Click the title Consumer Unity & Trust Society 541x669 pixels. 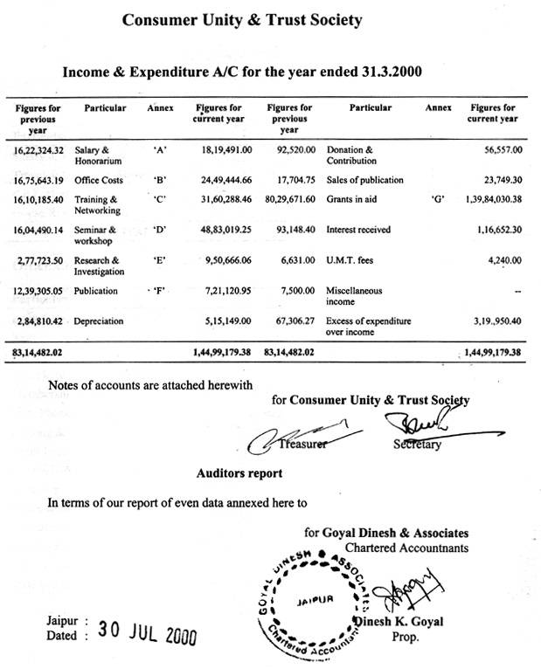click(x=240, y=19)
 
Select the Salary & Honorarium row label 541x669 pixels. click(x=98, y=155)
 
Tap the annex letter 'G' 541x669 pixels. click(x=439, y=199)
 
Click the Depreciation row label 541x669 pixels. click(x=99, y=321)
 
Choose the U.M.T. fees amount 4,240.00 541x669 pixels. click(x=501, y=259)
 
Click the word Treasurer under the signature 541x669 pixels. click(x=303, y=444)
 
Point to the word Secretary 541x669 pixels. click(x=417, y=445)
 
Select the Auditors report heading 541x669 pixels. click(x=239, y=473)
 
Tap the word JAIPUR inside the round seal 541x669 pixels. click(x=316, y=599)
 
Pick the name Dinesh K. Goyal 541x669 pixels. click(x=398, y=621)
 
